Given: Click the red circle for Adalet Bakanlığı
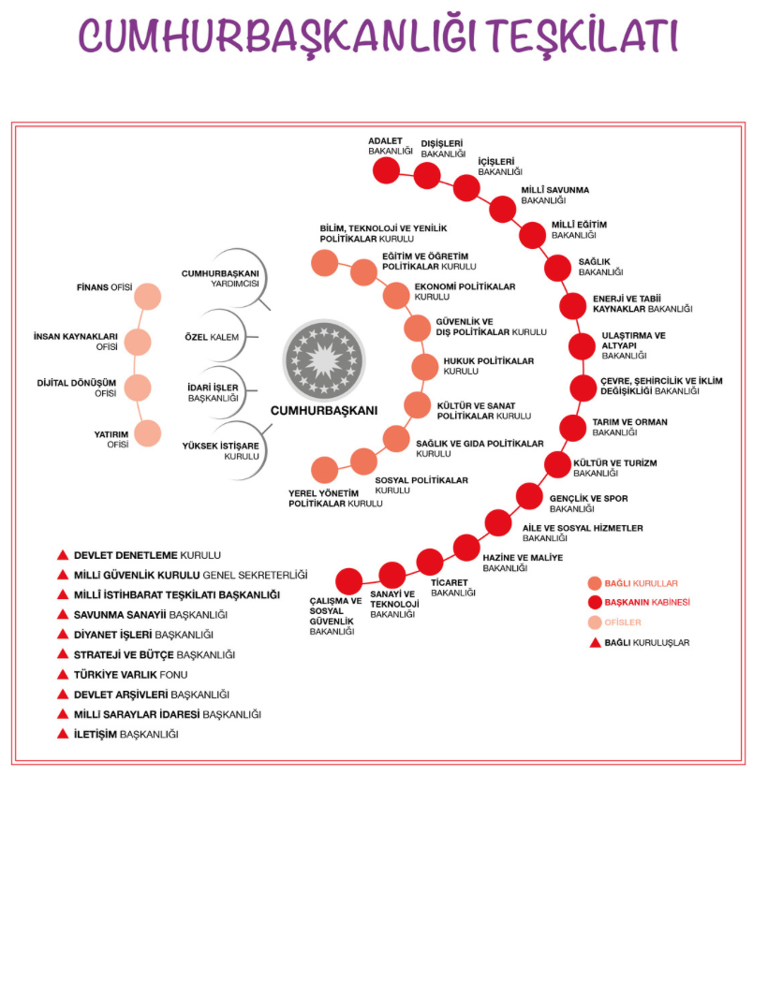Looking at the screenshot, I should click(x=386, y=170).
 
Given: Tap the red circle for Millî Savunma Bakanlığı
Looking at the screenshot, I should click(x=503, y=209).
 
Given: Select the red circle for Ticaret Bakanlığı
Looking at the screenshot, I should click(x=430, y=562).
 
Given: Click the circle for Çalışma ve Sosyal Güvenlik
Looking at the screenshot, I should click(x=348, y=581).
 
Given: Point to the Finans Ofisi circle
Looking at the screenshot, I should click(x=148, y=297).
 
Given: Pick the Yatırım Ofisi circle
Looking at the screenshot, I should click(x=148, y=432).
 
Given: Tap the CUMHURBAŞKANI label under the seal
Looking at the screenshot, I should click(x=324, y=410).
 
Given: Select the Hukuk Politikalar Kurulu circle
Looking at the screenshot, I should click(x=425, y=366).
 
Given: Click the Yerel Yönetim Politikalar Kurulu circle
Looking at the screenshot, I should click(x=325, y=470).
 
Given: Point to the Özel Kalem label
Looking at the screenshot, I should click(x=212, y=337).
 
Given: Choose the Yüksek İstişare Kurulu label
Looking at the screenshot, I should click(x=221, y=450).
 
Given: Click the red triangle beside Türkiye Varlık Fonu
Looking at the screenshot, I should click(x=64, y=674).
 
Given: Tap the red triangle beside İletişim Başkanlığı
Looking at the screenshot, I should click(x=64, y=734).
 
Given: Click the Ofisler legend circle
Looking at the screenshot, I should click(x=594, y=622).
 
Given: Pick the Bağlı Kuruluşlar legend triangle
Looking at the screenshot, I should click(x=594, y=642).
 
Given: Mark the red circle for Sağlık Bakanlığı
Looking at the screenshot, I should click(x=558, y=267).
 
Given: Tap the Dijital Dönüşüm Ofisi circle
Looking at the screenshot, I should click(x=138, y=388).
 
